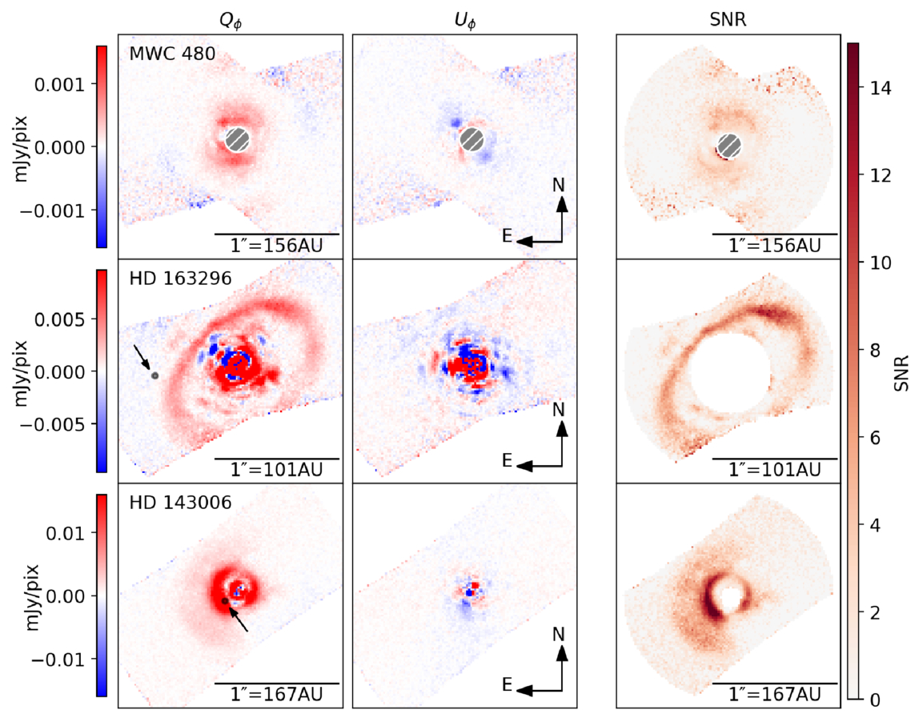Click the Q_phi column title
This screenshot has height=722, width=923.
tap(230, 22)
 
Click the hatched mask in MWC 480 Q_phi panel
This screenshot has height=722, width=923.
tap(237, 139)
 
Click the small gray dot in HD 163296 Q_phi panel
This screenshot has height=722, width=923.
tap(155, 375)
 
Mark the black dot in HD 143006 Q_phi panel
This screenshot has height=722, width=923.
tap(226, 600)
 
